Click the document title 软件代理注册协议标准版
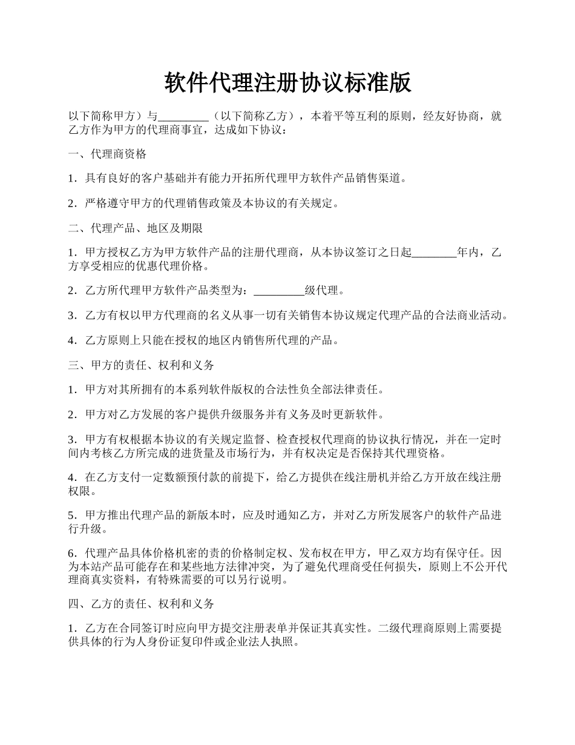click(287, 83)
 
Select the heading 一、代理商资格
click(107, 154)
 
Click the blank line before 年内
click(434, 253)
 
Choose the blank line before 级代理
click(278, 291)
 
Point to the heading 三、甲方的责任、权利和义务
click(140, 365)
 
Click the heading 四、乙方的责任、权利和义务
click(140, 604)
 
